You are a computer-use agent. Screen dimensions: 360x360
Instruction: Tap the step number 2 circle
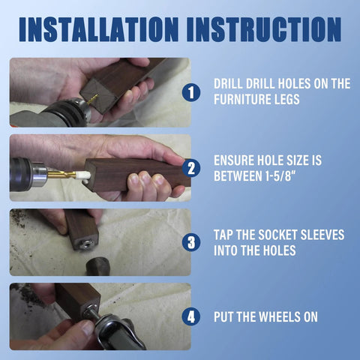(192, 167)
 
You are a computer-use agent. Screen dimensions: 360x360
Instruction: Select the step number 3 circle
(192, 242)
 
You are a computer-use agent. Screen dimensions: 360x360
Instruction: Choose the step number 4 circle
(192, 316)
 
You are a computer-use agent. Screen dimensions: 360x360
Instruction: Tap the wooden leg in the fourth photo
(76, 298)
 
